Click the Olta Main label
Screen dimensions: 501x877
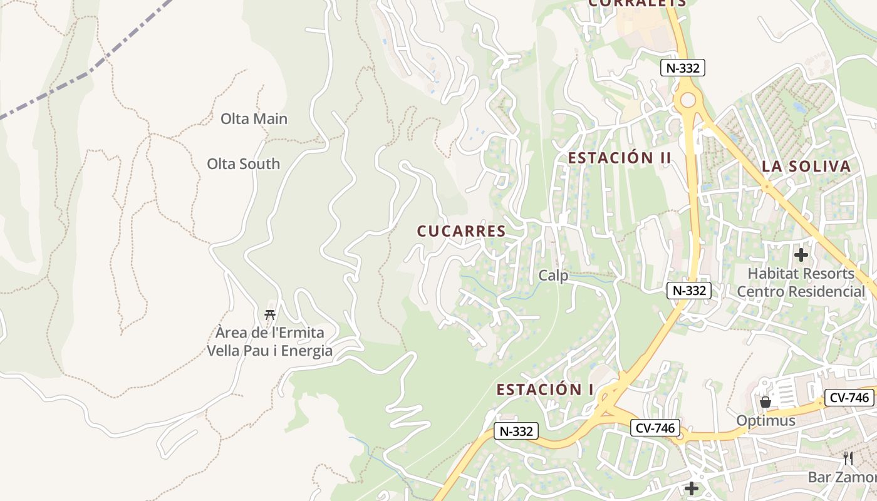(x=254, y=118)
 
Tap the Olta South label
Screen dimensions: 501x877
(x=243, y=163)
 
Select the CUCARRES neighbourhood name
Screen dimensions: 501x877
(x=461, y=231)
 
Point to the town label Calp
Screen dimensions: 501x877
(x=553, y=276)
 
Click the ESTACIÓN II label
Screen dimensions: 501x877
(x=620, y=158)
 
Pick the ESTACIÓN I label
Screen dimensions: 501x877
(x=545, y=390)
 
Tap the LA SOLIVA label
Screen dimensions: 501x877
(x=806, y=167)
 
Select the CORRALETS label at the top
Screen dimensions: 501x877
(x=637, y=3)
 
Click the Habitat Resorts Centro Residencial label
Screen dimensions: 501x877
(x=801, y=282)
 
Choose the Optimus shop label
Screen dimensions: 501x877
(x=765, y=420)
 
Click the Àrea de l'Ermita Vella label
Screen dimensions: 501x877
(x=269, y=341)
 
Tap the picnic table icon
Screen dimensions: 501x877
(x=270, y=314)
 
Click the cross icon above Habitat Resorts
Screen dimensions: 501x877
(x=801, y=255)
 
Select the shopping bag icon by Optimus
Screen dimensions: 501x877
(x=765, y=402)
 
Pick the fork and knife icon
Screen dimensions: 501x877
(x=848, y=458)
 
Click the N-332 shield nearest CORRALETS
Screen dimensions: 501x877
(x=682, y=68)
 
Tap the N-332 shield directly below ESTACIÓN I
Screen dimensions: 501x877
(x=516, y=431)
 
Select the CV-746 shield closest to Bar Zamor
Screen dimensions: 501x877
(x=849, y=397)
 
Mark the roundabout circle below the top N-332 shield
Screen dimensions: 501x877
(x=688, y=100)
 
